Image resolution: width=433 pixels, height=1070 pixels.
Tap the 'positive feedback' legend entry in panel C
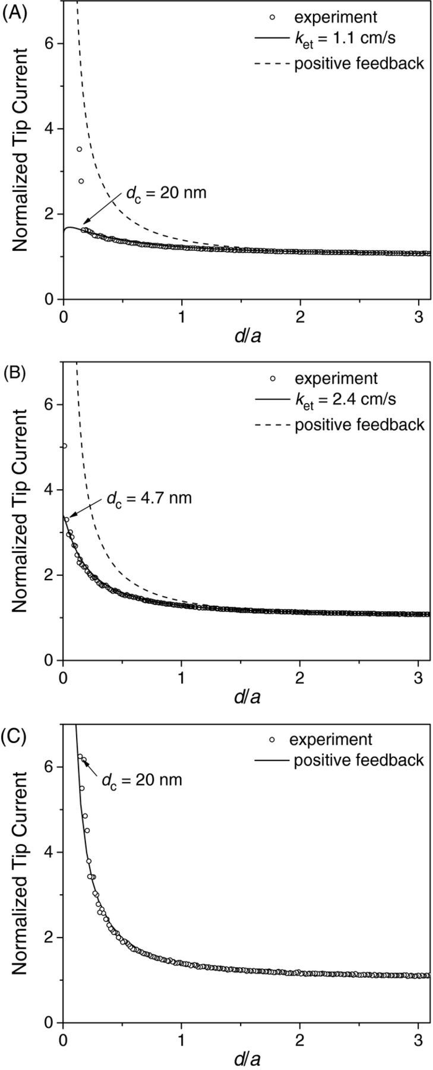click(x=358, y=760)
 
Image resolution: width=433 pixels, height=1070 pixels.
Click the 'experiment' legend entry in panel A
click(x=336, y=17)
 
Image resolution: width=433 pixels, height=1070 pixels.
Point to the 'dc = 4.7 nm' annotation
click(x=149, y=498)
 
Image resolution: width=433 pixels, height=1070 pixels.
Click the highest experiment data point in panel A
click(x=79, y=149)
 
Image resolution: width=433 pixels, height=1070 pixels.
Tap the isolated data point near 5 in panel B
click(x=64, y=446)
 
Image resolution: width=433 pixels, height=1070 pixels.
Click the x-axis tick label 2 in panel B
click(x=301, y=677)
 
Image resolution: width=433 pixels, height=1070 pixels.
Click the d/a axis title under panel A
click(x=249, y=336)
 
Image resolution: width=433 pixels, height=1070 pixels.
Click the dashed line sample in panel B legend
click(x=272, y=424)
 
